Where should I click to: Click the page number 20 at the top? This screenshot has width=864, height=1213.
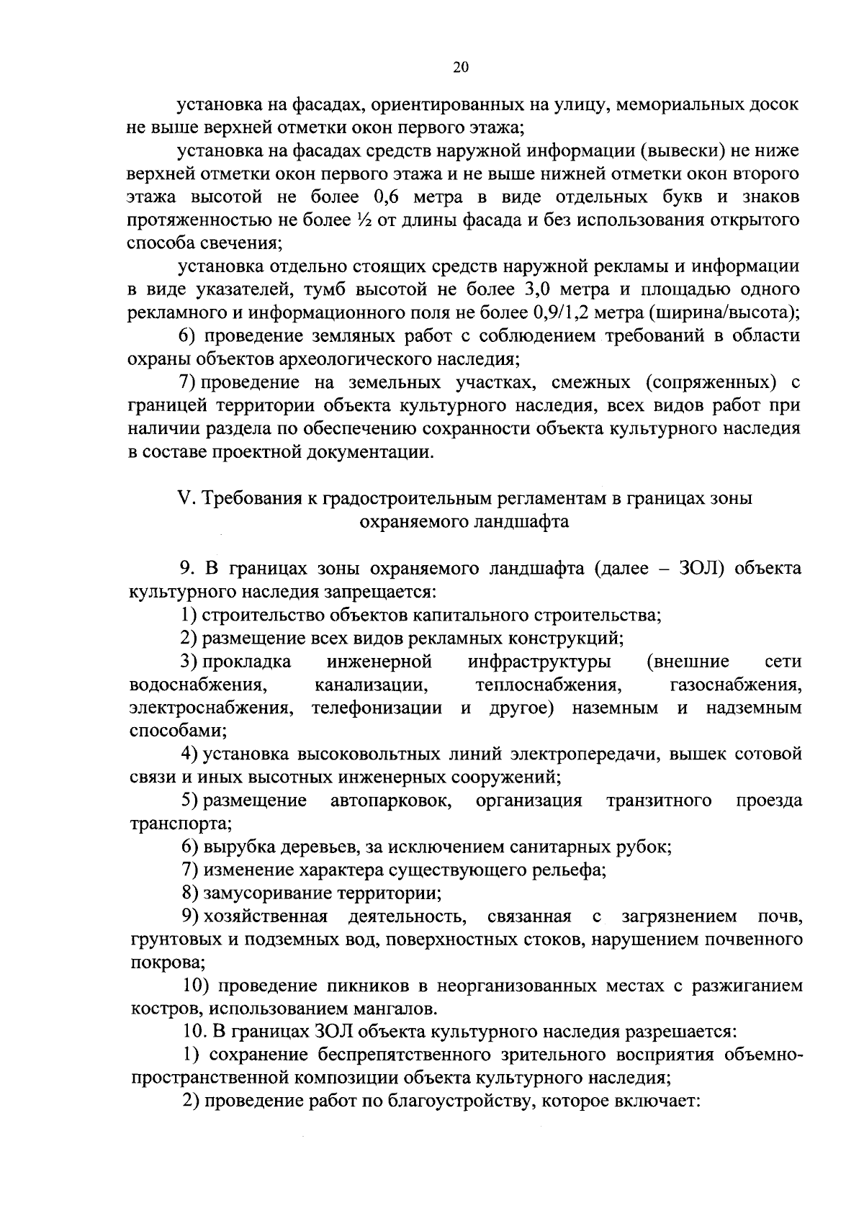461,67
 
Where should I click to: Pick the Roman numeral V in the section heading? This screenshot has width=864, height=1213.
182,498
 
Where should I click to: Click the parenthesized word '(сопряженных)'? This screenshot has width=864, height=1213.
710,382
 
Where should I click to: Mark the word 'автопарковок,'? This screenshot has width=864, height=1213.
391,801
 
